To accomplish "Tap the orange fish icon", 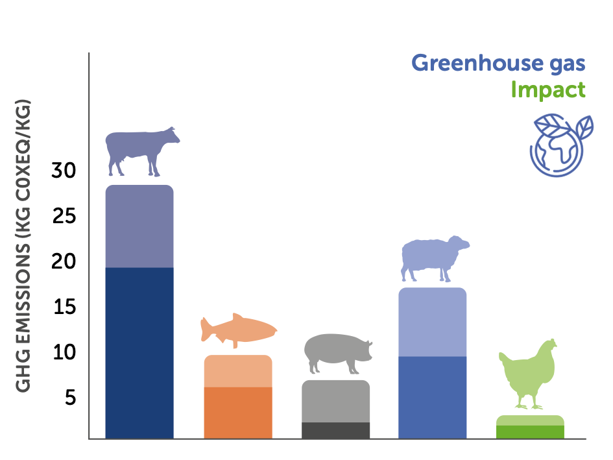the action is point(239,330).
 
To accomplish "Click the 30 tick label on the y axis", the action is point(64,171).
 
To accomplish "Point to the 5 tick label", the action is point(70,398).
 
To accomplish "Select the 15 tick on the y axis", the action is point(64,307).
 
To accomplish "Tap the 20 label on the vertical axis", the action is point(64,261).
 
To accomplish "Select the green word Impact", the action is point(548,90).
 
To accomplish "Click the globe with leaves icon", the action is point(561,145).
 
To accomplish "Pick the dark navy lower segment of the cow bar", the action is point(139,353).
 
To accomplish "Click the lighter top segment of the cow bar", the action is point(139,226).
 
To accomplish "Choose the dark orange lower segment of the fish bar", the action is point(238,413).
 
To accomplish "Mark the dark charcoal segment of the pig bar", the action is point(336,430).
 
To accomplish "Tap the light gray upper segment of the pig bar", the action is point(336,402).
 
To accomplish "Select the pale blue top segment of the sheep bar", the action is point(433,322).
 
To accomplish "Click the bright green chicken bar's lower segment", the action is point(530,432).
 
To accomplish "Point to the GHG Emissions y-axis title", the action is point(23,246).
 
